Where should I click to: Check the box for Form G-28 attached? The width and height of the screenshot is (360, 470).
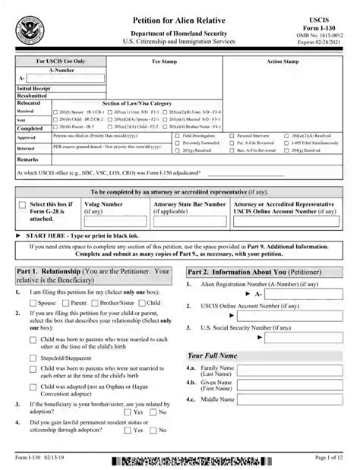pos(21,205)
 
